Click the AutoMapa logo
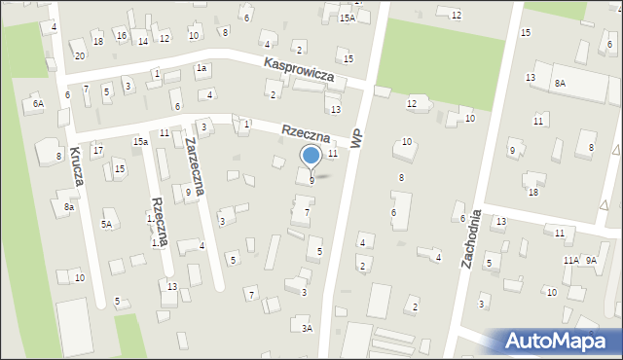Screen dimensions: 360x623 (553, 341)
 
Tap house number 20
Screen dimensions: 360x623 (80, 55)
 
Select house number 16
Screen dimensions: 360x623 (121, 36)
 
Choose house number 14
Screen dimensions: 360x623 (143, 41)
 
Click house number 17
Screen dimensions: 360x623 (97, 151)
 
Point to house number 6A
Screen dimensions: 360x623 (38, 103)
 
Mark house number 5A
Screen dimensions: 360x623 (106, 225)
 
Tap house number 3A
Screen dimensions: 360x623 (307, 329)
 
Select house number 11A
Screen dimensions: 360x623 (570, 261)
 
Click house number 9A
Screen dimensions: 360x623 (591, 261)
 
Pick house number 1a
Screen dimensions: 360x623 (201, 68)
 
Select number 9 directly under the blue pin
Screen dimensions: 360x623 (311, 180)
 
